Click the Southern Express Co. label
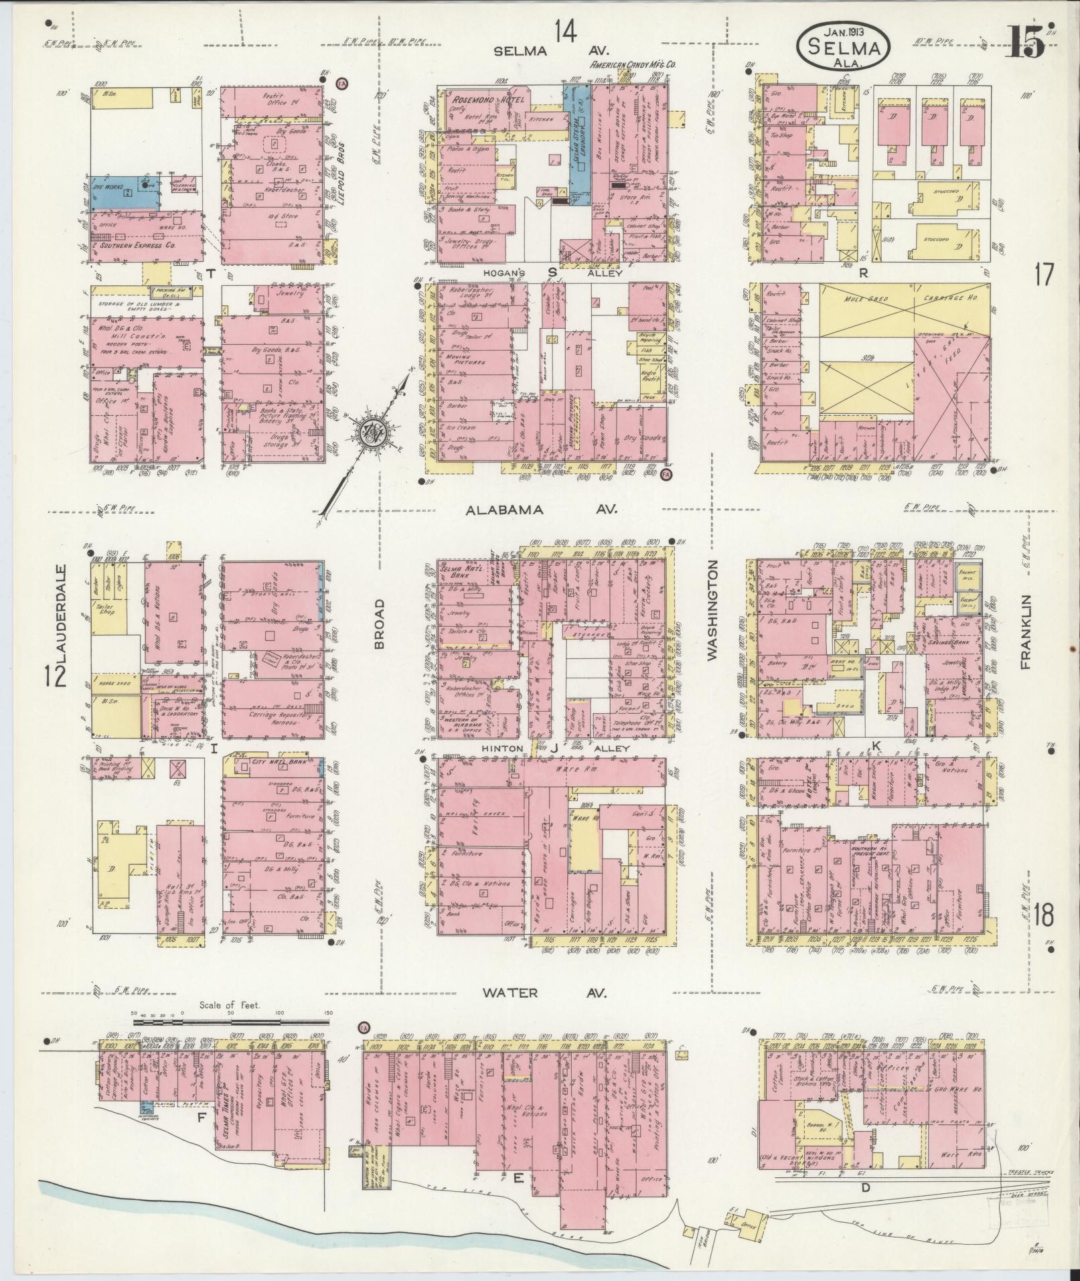(x=139, y=246)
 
